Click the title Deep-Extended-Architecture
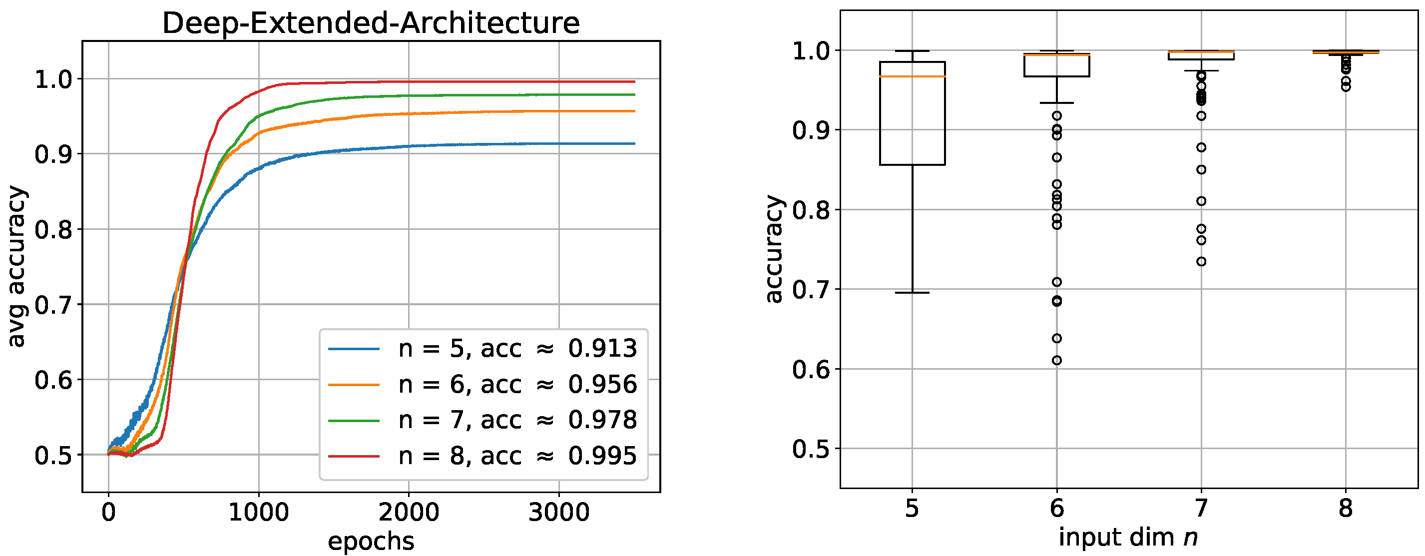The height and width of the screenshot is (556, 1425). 371,23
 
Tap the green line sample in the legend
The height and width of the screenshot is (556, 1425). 354,421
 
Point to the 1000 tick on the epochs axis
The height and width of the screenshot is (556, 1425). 258,513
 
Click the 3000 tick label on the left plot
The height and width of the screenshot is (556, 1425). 559,513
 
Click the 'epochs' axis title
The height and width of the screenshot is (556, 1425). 371,541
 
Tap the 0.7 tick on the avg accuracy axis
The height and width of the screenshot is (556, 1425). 53,305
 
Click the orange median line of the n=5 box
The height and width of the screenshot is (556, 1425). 912,76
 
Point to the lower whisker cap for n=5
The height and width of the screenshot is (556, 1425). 912,293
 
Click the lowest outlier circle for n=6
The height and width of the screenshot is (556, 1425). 1056,360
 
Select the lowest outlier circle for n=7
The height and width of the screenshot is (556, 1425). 1201,261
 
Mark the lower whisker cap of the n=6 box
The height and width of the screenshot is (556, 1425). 1056,103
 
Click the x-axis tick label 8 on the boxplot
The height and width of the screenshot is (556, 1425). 1346,508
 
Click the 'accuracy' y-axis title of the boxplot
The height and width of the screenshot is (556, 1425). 775,249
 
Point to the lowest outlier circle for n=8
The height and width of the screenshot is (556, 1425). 1346,87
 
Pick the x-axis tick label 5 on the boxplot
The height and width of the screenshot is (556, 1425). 912,508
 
